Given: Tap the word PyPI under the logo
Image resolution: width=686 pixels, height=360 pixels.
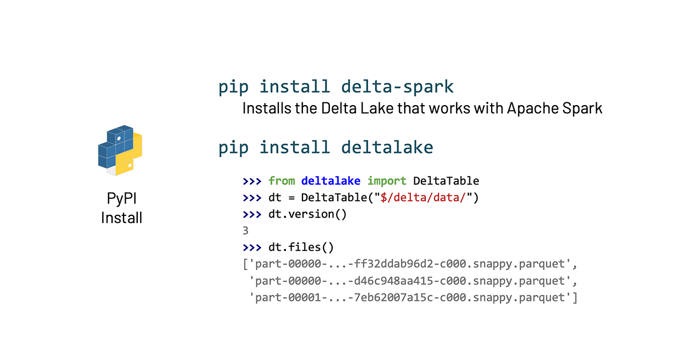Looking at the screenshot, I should tap(122, 199).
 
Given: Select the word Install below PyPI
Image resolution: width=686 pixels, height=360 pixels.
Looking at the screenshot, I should tap(122, 218).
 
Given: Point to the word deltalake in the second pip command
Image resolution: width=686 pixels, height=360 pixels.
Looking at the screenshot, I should tap(387, 147).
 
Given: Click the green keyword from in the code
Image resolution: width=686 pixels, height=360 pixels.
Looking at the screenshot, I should tap(282, 181).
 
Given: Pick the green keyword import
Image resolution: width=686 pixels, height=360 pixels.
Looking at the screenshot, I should tap(386, 181).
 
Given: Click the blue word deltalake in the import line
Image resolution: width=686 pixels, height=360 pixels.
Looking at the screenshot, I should tap(331, 181).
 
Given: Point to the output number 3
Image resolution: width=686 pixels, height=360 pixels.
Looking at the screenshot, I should tap(246, 231).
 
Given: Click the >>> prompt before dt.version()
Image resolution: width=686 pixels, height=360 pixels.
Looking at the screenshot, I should tap(252, 215).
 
